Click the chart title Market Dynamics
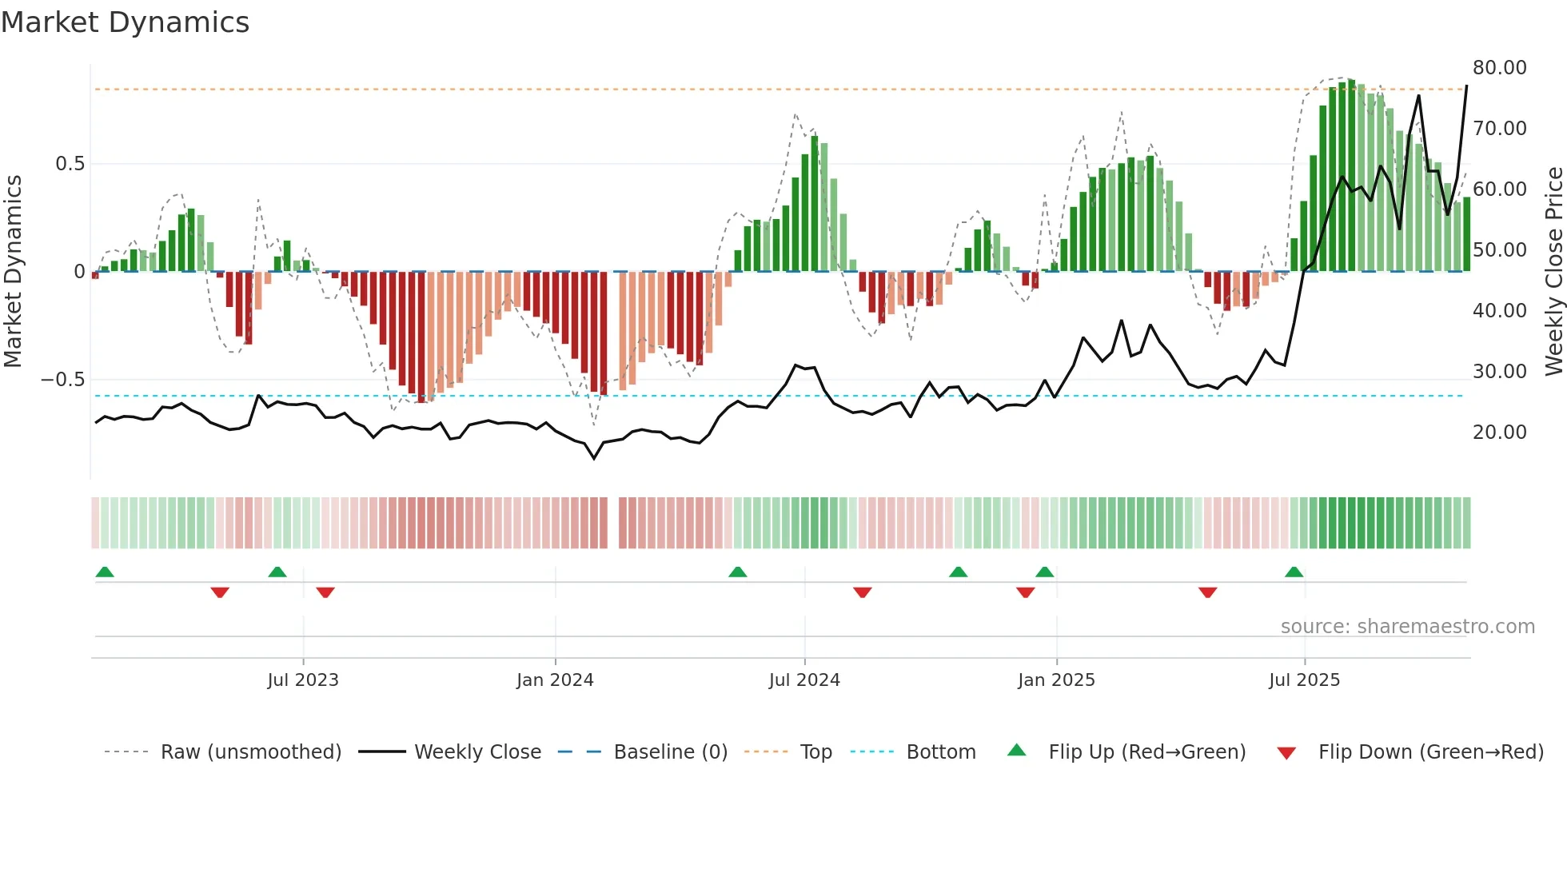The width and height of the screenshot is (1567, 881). [x=125, y=22]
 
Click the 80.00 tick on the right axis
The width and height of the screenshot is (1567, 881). [x=1499, y=68]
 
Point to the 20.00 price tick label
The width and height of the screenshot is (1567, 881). [x=1499, y=433]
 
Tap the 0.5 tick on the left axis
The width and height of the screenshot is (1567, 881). [x=70, y=164]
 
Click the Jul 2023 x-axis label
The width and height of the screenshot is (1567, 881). [x=303, y=680]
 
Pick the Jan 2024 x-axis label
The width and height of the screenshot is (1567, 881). [x=555, y=680]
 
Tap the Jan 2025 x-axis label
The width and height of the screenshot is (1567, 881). [x=1056, y=680]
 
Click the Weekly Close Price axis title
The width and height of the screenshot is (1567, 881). [x=1553, y=272]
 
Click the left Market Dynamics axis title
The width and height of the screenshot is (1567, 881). [x=13, y=272]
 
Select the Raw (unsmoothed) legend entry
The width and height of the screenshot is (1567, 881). [x=250, y=752]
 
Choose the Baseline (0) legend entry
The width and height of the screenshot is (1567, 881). [x=670, y=752]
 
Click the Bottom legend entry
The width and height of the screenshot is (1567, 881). [x=940, y=752]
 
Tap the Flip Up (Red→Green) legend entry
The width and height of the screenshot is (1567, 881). [x=1146, y=752]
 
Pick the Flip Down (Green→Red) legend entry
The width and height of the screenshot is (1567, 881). [x=1430, y=752]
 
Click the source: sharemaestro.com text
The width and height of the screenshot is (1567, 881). [x=1407, y=627]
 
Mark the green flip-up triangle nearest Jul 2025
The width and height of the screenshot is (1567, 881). [x=1294, y=572]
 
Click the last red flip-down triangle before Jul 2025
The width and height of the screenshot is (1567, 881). [x=1207, y=592]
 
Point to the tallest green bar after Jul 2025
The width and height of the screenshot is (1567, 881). [x=1351, y=176]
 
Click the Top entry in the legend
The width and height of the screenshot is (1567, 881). [x=815, y=752]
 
